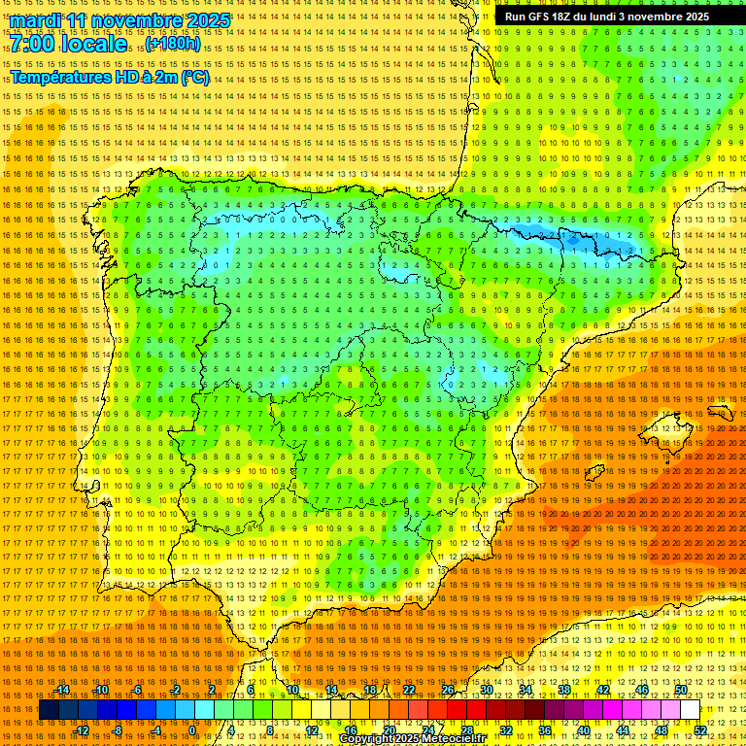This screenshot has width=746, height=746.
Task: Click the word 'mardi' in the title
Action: point(35,20)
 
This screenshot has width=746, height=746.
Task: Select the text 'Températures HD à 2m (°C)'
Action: point(110,78)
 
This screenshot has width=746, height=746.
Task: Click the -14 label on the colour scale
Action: point(63,690)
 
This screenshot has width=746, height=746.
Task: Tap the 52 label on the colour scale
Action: point(700,730)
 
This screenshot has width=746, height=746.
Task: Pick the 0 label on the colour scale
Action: point(193,730)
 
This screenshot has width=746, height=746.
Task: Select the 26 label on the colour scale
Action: point(448,690)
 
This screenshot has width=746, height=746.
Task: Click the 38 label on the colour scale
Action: point(563,690)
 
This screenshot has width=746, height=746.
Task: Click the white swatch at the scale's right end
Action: point(690,710)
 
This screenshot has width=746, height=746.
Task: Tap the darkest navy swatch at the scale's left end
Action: point(49,710)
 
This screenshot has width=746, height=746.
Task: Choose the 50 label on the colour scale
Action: point(681,690)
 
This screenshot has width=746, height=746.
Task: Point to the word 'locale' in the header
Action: point(96,44)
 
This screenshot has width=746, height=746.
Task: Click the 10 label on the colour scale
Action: point(292,690)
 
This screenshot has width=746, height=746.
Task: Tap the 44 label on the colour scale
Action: point(623,730)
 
